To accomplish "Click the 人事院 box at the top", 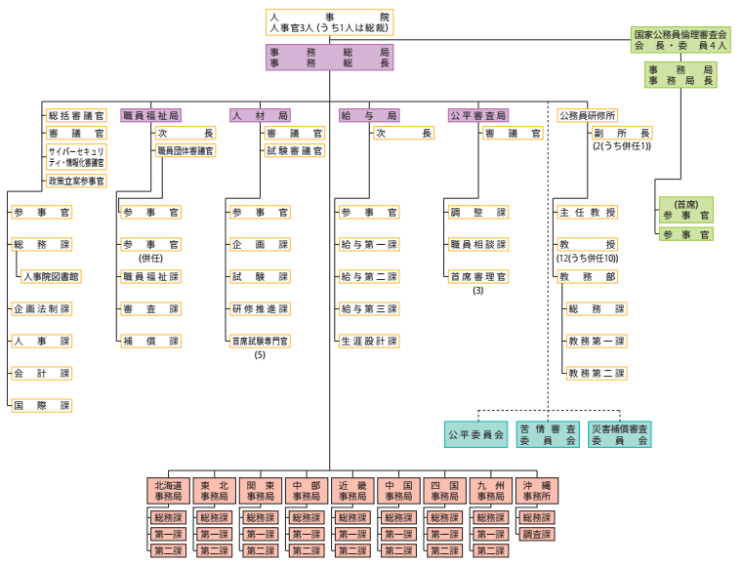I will (329, 22).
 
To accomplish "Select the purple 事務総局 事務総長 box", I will (329, 57).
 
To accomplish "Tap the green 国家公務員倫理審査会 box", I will (679, 40).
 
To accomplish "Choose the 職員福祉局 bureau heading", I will (150, 115).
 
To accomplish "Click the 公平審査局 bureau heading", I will (478, 115).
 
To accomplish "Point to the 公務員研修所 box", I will (587, 115).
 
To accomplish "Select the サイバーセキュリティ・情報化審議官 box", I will (76, 157).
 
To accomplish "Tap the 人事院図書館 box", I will (52, 276).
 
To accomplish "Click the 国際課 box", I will (41, 405).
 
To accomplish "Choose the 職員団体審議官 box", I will (185, 150).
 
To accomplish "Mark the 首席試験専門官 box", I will (260, 341).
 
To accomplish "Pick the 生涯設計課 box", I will (369, 341).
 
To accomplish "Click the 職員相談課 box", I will (478, 244).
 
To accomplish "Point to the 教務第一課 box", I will (596, 341).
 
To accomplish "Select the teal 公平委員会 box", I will (475, 434).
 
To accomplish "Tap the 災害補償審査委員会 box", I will (620, 434).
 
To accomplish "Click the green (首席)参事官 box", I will (685, 209).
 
